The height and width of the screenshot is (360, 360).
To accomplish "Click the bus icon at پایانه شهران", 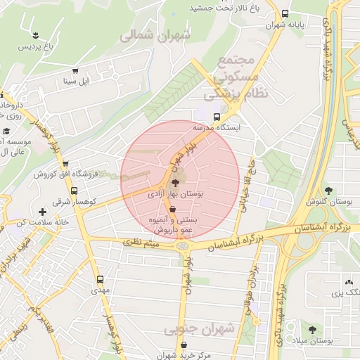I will pyautogui.click(x=285, y=13).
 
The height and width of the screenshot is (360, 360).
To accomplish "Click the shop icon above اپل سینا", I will pyautogui.click(x=75, y=71).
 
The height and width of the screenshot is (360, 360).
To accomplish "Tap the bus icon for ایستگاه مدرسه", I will pyautogui.click(x=217, y=117).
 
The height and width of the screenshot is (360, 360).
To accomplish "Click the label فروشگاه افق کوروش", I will pyautogui.click(x=54, y=174).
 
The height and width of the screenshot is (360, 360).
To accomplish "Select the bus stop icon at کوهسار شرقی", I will pyautogui.click(x=75, y=191).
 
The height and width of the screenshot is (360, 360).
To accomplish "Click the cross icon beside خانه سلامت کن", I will pyautogui.click(x=43, y=211).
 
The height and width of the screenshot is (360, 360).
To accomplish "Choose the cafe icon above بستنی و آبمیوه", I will pyautogui.click(x=172, y=210).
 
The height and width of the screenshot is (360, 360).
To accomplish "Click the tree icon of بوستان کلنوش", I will pyautogui.click(x=328, y=189).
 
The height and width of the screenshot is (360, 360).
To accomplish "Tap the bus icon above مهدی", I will pyautogui.click(x=99, y=279).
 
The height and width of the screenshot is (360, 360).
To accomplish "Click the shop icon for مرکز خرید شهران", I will pyautogui.click(x=184, y=345).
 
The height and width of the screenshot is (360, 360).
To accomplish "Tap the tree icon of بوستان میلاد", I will pyautogui.click(x=311, y=329).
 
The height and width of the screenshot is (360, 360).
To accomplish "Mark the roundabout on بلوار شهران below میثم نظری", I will pyautogui.click(x=184, y=245).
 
